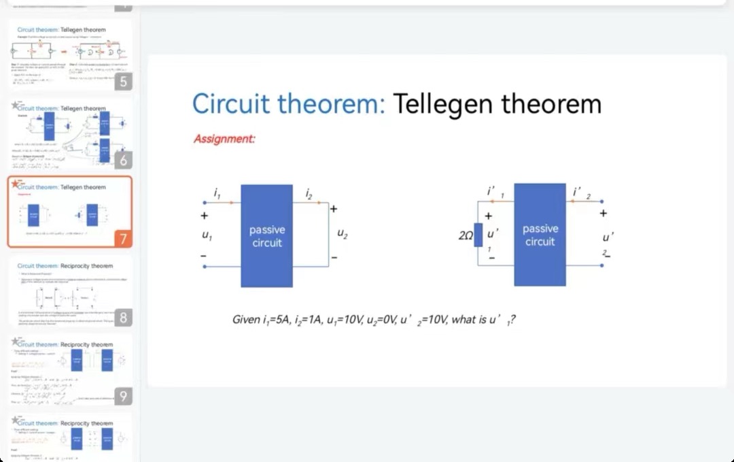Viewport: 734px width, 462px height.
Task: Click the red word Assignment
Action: (224, 139)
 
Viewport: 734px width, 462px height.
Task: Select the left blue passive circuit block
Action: (266, 235)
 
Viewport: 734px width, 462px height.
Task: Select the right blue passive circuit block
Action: (540, 235)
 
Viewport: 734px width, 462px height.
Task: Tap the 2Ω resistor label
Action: (466, 235)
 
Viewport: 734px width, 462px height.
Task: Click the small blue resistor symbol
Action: (478, 235)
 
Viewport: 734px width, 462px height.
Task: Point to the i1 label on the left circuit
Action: (217, 195)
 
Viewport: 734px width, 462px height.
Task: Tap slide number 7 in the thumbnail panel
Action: (122, 239)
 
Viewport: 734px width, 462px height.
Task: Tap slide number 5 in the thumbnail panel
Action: (122, 82)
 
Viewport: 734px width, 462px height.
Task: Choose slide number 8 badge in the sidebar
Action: (122, 317)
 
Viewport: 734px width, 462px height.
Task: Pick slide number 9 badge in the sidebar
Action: (122, 396)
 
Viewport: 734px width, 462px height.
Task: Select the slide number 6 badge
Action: (122, 160)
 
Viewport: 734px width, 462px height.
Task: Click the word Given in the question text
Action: (245, 319)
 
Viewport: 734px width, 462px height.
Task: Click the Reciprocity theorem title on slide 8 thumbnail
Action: (86, 265)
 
